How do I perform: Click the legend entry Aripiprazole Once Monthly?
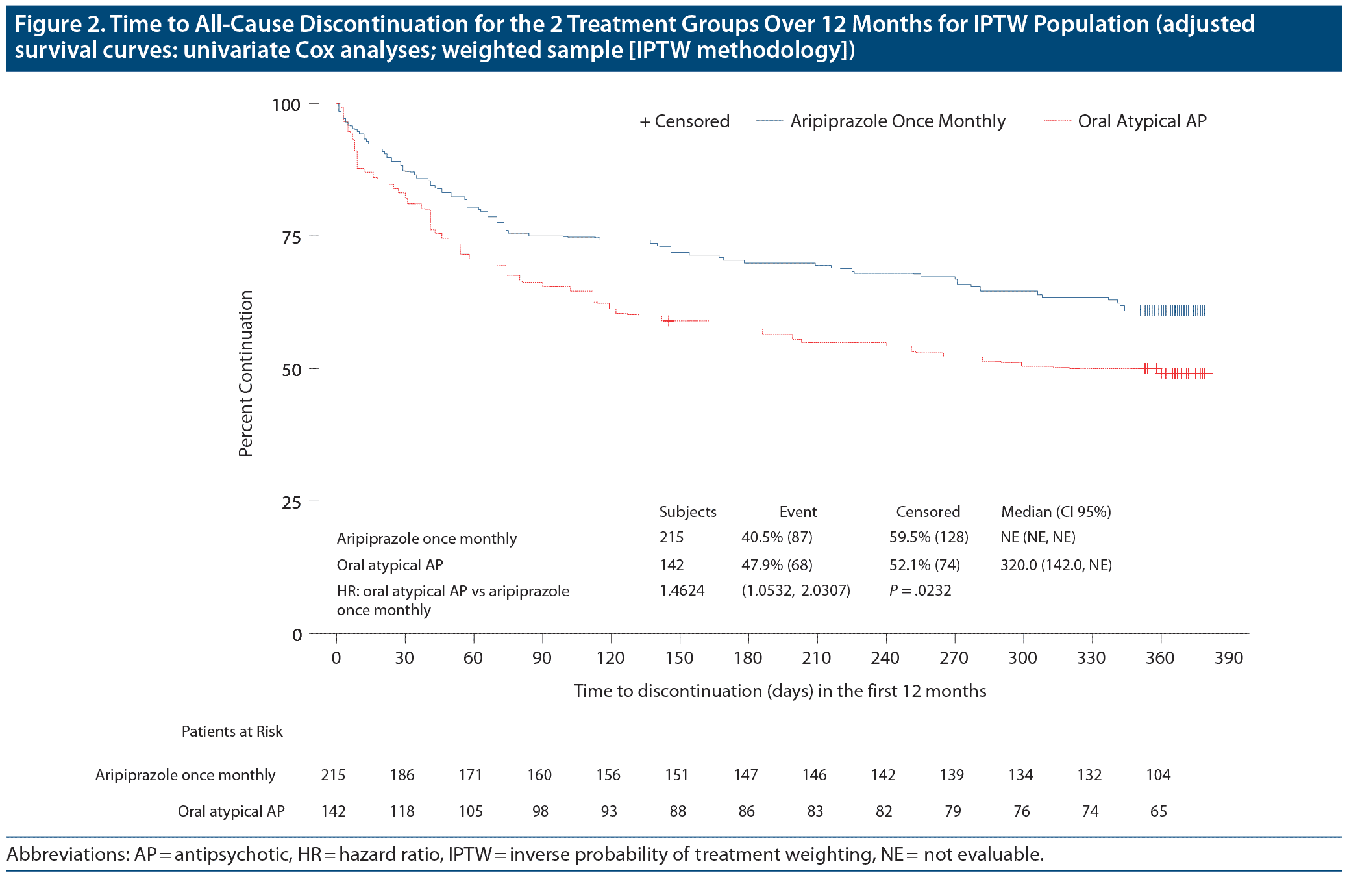click(x=897, y=121)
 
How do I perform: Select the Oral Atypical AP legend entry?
click(x=1142, y=121)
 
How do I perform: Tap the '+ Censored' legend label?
click(x=685, y=121)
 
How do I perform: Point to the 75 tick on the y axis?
click(x=291, y=237)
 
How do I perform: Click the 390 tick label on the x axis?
click(x=1229, y=658)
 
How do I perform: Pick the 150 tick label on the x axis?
click(x=679, y=658)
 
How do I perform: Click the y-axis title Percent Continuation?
click(x=245, y=374)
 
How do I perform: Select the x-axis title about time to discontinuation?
click(x=780, y=691)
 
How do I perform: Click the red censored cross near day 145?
click(x=668, y=320)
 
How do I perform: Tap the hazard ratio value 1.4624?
click(x=682, y=590)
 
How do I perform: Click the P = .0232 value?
click(x=920, y=590)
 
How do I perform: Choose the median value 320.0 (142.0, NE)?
click(x=1056, y=565)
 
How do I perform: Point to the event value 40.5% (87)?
click(x=776, y=537)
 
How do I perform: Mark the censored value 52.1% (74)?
click(x=924, y=565)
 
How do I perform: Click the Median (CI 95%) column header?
click(x=1056, y=512)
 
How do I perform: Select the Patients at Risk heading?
click(x=232, y=731)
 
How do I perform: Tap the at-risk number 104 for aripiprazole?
click(x=1158, y=775)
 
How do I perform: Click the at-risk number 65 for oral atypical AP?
click(x=1158, y=811)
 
